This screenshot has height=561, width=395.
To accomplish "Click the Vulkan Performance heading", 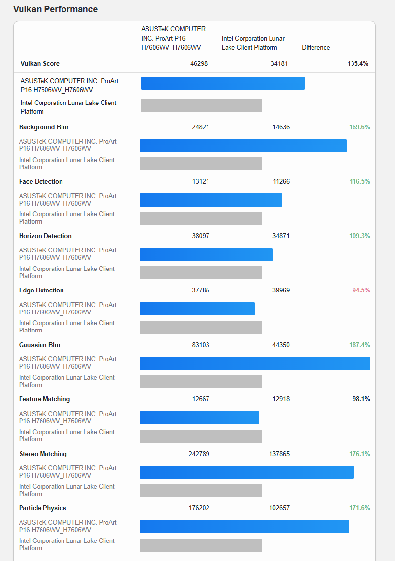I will click(55, 9).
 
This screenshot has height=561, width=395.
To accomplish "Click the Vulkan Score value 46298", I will click(199, 63).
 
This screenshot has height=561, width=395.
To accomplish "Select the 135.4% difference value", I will click(357, 63).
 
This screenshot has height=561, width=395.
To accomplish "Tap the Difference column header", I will click(316, 47).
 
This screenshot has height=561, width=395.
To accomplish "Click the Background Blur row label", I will click(44, 127).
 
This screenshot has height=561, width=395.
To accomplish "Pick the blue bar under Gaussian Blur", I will click(254, 363).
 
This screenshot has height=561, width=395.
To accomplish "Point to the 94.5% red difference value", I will click(361, 290).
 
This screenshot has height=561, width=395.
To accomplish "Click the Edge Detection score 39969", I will click(281, 290).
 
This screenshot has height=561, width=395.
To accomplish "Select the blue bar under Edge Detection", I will click(197, 309).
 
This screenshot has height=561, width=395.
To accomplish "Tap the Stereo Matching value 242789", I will click(199, 454).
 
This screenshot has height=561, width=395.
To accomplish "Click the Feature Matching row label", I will click(44, 399).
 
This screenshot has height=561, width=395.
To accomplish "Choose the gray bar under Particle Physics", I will click(200, 545).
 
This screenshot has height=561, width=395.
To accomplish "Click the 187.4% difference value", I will click(359, 345).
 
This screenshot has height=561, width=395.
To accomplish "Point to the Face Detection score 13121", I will click(201, 181).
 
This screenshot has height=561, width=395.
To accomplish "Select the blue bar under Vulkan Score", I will click(223, 83).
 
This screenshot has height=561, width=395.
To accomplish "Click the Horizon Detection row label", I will click(45, 236).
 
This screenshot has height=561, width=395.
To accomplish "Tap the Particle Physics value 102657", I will click(279, 508).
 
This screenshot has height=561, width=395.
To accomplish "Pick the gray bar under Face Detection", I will click(200, 218).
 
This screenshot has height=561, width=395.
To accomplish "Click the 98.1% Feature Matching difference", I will click(361, 399).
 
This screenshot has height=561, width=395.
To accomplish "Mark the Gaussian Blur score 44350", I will click(281, 345).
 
